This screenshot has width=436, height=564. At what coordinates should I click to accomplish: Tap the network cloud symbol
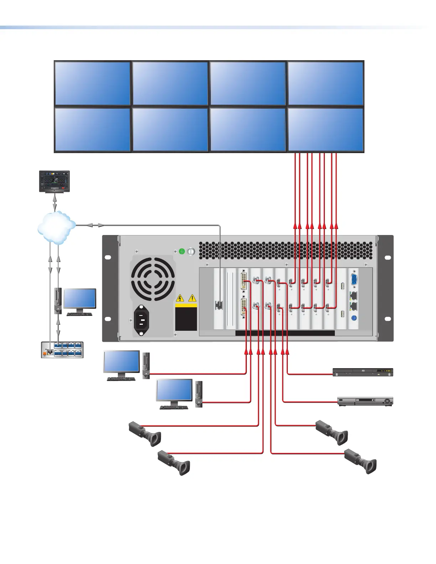56,227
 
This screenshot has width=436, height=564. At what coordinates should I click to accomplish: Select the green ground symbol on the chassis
182,251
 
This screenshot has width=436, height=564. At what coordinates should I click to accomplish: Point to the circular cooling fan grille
153,279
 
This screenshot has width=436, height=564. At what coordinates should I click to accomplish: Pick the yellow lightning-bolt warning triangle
181,298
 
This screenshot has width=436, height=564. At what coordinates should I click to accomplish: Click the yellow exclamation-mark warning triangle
192,298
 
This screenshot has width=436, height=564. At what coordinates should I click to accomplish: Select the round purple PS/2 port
354,319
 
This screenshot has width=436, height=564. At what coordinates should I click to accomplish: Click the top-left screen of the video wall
92,83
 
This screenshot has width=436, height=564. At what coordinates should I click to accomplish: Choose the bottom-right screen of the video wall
326,130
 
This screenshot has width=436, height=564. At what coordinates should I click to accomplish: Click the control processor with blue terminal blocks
62,350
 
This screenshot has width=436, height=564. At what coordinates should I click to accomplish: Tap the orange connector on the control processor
45,353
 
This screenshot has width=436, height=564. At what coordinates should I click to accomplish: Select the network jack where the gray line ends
219,305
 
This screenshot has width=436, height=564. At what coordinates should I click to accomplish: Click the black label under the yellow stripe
186,319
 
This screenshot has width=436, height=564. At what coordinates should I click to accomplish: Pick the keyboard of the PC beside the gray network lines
79,314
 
